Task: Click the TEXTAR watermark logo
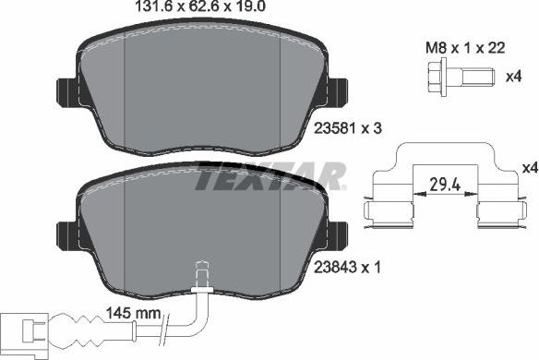pos(269,175)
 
